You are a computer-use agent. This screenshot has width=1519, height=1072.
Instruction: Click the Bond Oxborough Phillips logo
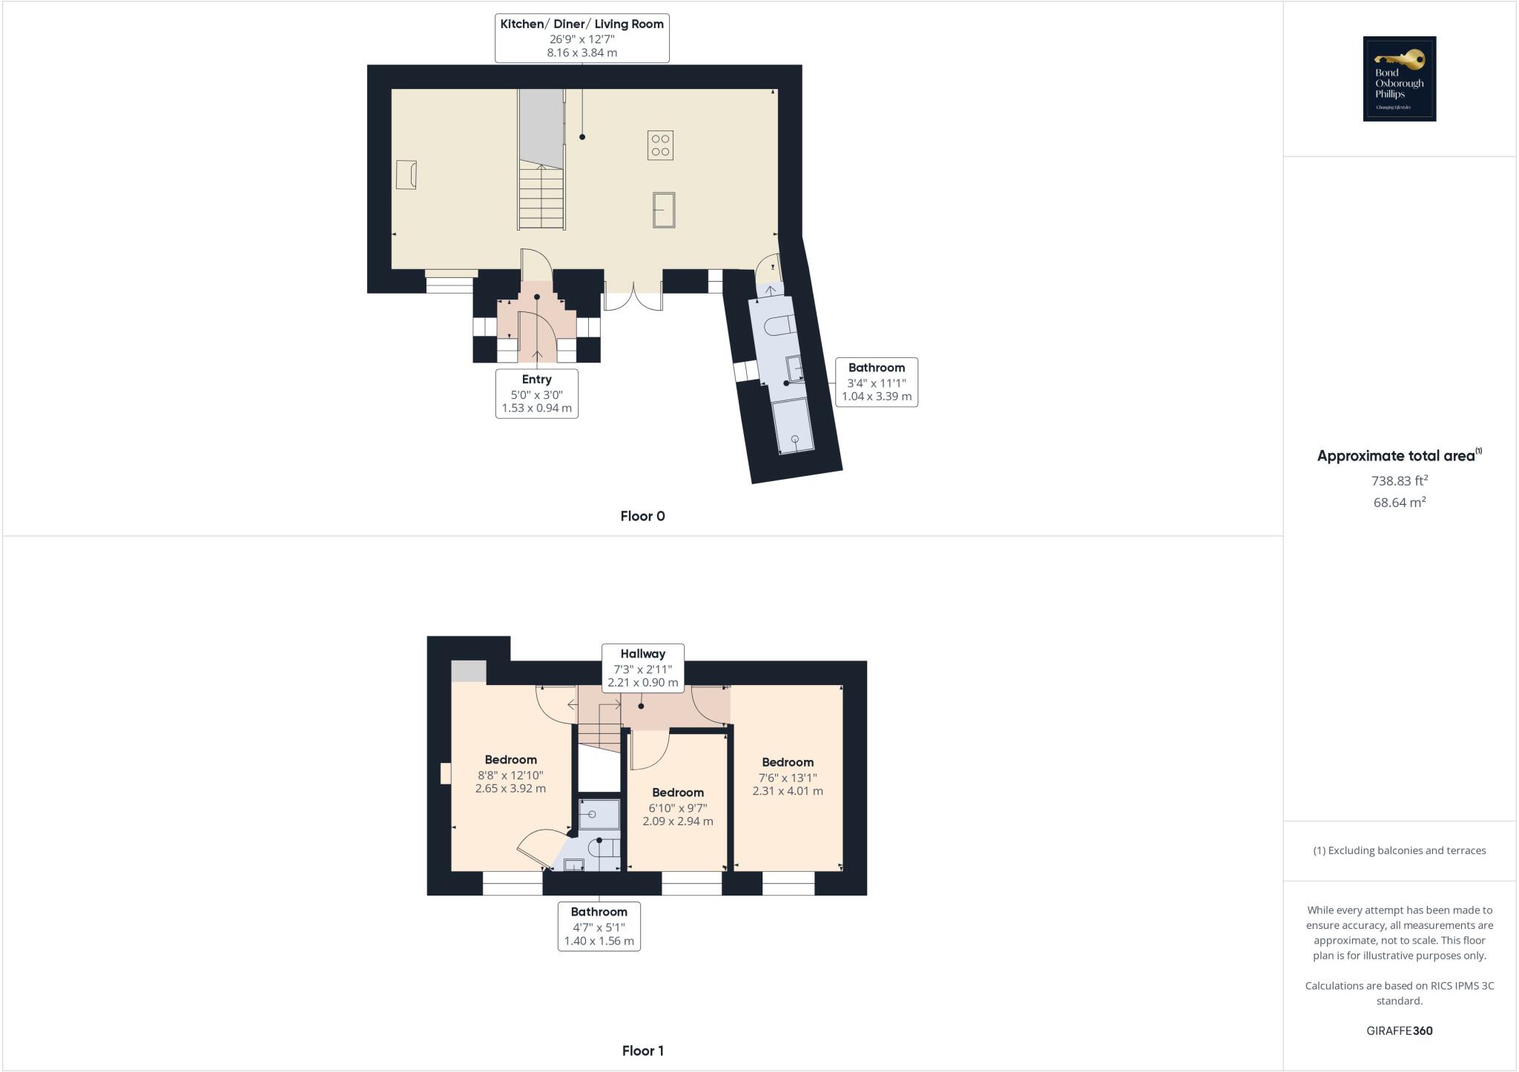1399,79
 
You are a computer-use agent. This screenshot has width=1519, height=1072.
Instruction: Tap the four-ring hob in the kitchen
660,145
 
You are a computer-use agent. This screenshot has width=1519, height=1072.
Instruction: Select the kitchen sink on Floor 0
664,209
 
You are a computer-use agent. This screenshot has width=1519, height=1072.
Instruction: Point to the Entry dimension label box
536,394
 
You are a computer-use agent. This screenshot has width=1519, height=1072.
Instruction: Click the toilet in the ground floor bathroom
781,325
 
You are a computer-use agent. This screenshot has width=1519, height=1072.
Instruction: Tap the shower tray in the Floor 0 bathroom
793,426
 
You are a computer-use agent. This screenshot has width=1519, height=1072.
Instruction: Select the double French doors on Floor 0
633,297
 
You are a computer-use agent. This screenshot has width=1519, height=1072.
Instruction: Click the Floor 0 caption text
642,516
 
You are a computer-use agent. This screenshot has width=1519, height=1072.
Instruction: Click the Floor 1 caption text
642,1051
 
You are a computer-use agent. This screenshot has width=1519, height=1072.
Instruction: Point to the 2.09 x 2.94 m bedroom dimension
678,821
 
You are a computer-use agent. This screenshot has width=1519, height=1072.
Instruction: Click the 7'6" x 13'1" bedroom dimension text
788,778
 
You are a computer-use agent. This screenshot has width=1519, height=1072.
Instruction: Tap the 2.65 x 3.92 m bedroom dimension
510,788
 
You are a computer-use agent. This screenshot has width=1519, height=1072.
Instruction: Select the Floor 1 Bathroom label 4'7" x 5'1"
599,926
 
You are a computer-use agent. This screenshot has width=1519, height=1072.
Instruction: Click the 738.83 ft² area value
1399,480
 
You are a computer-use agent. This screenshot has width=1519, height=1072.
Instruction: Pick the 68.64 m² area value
1399,502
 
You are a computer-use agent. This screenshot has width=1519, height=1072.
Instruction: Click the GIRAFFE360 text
1399,1030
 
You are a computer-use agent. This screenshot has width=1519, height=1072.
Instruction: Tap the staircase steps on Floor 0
541,196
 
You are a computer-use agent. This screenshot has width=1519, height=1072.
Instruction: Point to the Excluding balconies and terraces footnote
1399,850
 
